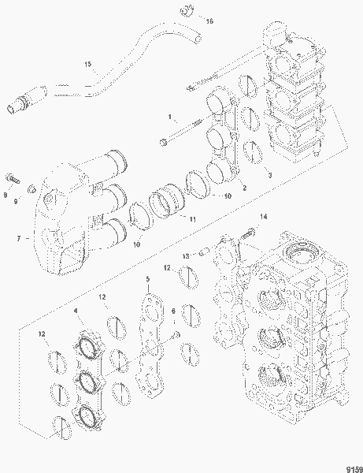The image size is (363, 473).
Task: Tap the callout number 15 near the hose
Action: click(87, 62)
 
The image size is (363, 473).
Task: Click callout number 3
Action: click(269, 174)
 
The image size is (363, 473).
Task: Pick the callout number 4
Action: click(76, 312)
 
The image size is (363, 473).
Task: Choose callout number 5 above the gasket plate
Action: click(146, 279)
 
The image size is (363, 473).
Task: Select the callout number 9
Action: click(15, 202)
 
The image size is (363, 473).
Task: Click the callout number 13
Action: click(187, 255)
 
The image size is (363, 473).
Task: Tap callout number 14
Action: click(264, 217)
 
